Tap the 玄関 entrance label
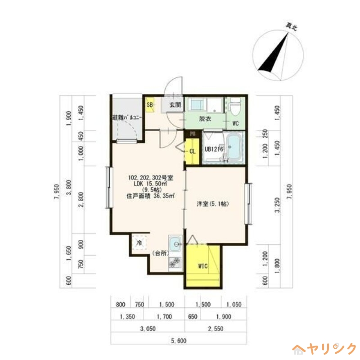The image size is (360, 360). [x=175, y=105]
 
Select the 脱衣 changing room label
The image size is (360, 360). [x=205, y=120]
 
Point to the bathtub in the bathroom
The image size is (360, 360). [x=234, y=147]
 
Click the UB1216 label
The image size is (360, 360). [x=214, y=149]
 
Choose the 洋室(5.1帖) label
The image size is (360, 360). [x=213, y=204]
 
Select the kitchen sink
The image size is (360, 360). [x=175, y=245]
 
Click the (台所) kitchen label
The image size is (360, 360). [x=160, y=253]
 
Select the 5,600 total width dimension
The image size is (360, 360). [x=179, y=341]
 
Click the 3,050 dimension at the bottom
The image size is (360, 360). [x=148, y=329]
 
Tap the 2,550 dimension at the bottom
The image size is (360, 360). [x=216, y=329]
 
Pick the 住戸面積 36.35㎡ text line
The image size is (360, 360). [x=151, y=196]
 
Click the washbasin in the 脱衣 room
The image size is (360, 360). [x=197, y=105]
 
